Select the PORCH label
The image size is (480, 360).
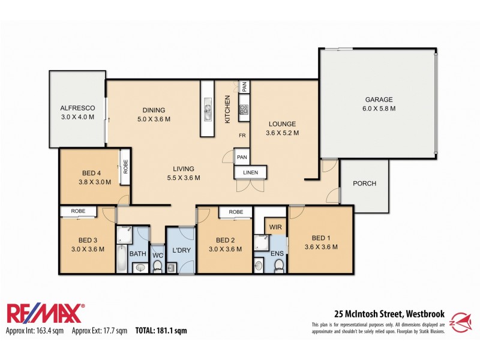[364, 184]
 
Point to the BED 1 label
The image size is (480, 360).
[321, 237]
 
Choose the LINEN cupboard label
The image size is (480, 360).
[250, 173]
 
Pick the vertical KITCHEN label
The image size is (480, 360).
[227, 109]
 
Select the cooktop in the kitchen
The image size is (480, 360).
[244, 109]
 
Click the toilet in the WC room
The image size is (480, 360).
[157, 265]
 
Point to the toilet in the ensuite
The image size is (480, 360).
[278, 265]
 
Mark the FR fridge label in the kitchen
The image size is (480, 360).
[243, 136]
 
